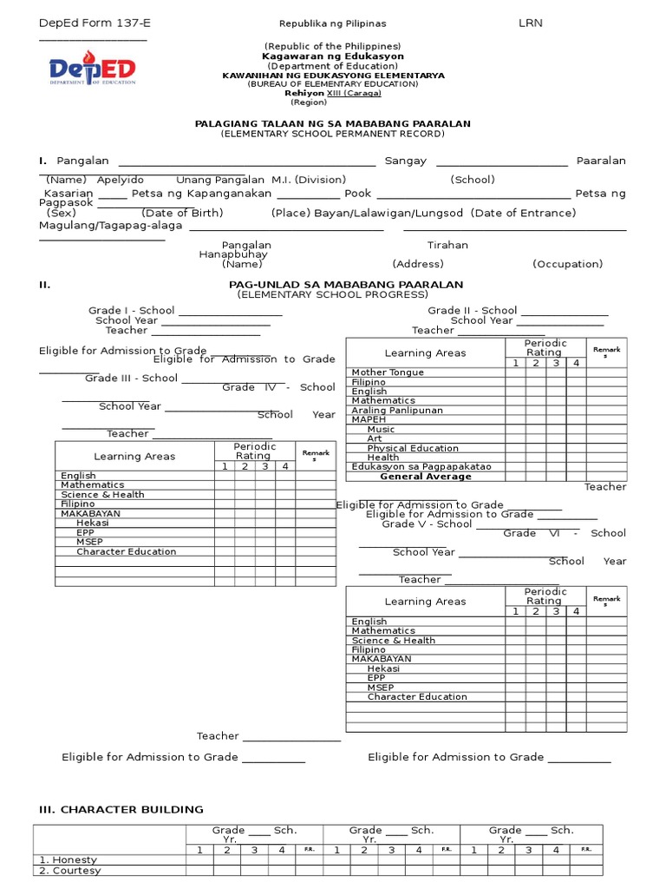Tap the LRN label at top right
click(530, 23)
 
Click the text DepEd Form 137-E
click(88, 23)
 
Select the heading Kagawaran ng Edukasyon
click(333, 56)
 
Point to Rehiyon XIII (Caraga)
click(333, 94)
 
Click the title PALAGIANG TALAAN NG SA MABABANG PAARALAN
click(333, 124)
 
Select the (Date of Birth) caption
click(182, 213)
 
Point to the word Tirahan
click(447, 246)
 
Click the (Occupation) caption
click(567, 264)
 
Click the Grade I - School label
click(131, 311)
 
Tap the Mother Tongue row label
click(388, 372)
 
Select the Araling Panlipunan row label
click(397, 411)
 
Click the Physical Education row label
click(413, 448)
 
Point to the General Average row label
click(426, 477)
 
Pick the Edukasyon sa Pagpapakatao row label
click(421, 467)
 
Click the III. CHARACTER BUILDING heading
click(121, 809)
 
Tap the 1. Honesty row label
click(69, 859)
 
